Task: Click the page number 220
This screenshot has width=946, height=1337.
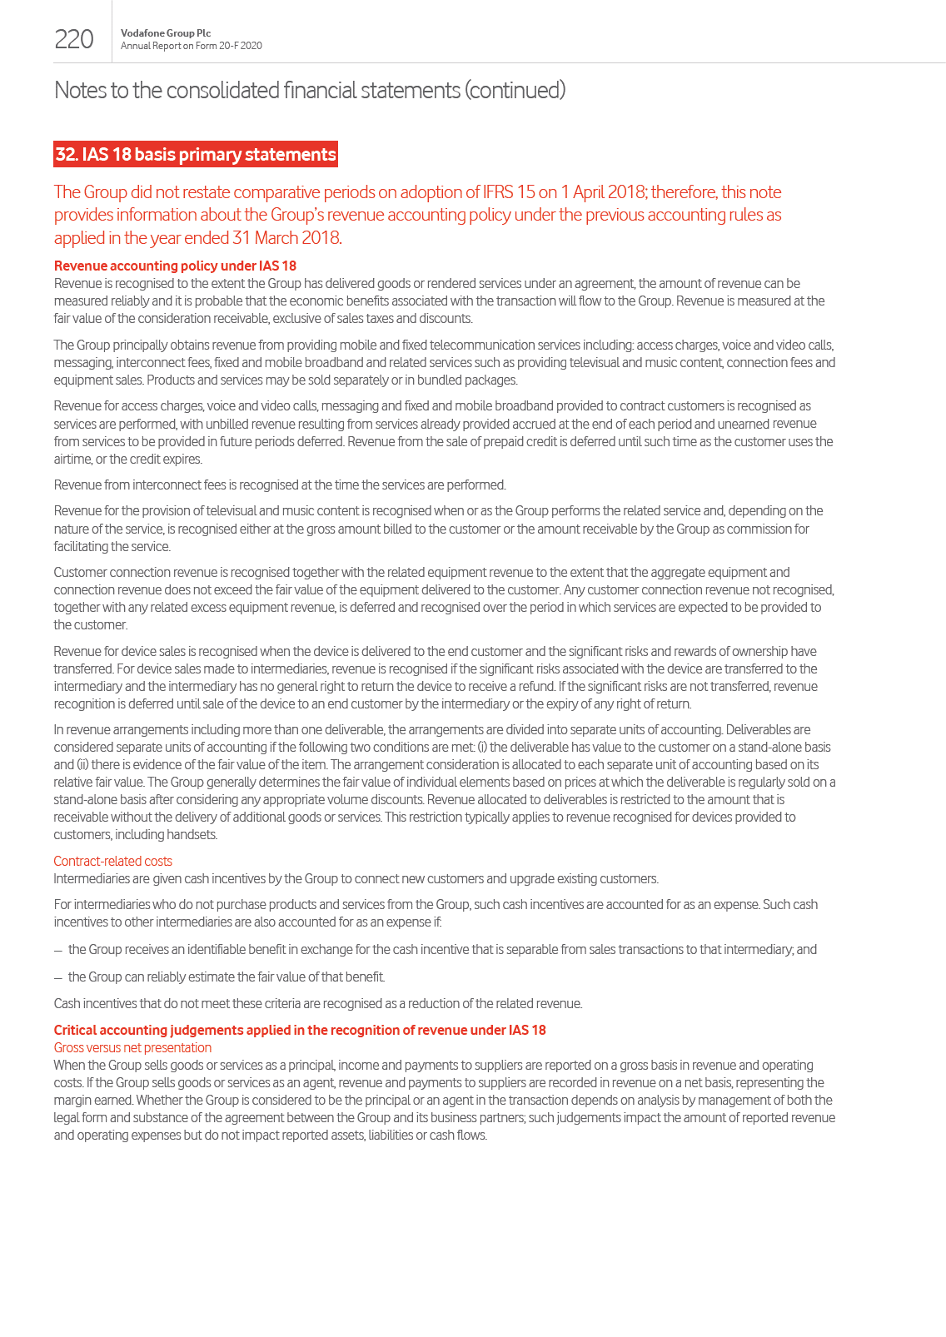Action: [x=74, y=39]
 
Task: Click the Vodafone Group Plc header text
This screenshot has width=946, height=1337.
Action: [x=166, y=33]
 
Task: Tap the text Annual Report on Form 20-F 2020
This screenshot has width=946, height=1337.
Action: [x=192, y=46]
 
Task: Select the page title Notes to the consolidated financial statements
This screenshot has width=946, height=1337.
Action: [x=309, y=90]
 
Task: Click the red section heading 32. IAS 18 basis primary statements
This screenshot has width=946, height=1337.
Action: [x=196, y=154]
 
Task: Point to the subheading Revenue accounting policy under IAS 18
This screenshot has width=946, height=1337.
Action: [x=175, y=266]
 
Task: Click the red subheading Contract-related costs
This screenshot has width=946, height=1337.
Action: [x=113, y=861]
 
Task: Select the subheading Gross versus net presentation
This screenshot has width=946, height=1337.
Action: [x=132, y=1047]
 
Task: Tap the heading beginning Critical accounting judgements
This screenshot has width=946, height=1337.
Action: [x=300, y=1030]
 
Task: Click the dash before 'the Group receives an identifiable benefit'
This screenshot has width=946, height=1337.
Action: [x=58, y=950]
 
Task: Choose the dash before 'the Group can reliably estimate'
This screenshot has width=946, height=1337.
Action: [x=58, y=977]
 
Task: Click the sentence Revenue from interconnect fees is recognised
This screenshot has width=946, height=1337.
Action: [x=280, y=485]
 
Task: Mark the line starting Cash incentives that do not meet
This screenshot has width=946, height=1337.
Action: [x=317, y=1003]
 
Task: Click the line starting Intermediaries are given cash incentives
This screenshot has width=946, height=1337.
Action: [x=356, y=878]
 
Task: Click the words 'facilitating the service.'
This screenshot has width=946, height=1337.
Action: [x=112, y=546]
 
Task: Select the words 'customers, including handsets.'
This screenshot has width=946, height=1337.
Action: [x=136, y=834]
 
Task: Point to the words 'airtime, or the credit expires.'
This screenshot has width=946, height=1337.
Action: [x=128, y=459]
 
